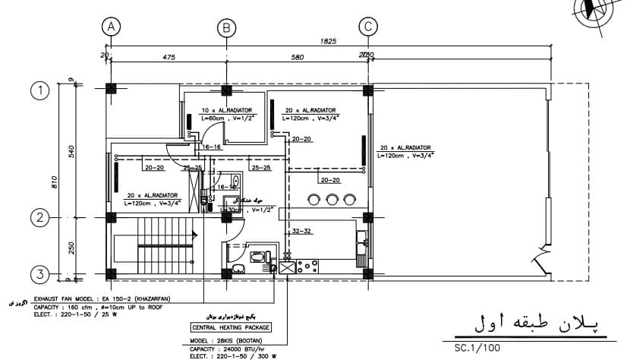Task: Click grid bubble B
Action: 226,28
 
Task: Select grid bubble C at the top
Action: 368,27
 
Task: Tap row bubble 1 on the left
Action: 39,91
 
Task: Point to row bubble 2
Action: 39,218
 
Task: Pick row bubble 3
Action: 39,273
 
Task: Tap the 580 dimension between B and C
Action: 297,56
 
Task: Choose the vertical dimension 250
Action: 71,247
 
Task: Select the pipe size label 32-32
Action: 302,231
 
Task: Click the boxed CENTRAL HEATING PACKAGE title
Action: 232,327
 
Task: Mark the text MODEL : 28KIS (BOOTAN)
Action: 225,340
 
